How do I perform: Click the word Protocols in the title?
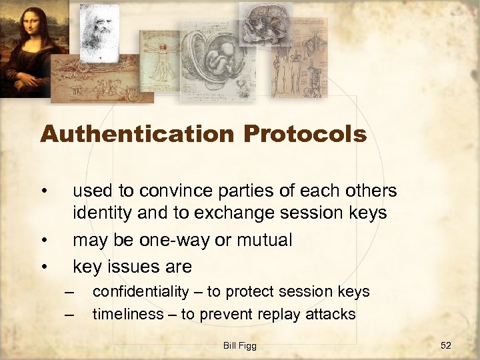pos(305,135)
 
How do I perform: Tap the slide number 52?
pos(446,345)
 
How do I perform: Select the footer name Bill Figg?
pos(240,345)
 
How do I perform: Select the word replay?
pos(277,313)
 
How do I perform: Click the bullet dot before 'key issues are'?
pos(43,267)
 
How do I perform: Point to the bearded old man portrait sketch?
pos(99,30)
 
